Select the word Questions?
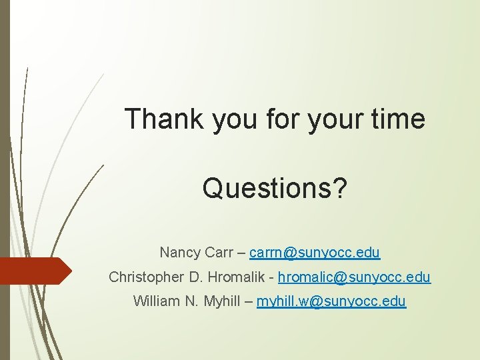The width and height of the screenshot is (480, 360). [x=275, y=188]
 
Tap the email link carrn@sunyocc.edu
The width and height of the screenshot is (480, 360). [x=315, y=253]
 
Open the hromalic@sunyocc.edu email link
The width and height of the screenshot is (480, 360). [x=354, y=277]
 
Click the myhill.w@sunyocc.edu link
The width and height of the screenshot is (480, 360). [x=331, y=301]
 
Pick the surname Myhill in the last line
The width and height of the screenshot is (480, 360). [x=219, y=301]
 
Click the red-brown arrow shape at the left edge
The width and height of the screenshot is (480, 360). [x=33, y=270]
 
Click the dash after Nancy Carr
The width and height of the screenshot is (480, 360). [x=242, y=253]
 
